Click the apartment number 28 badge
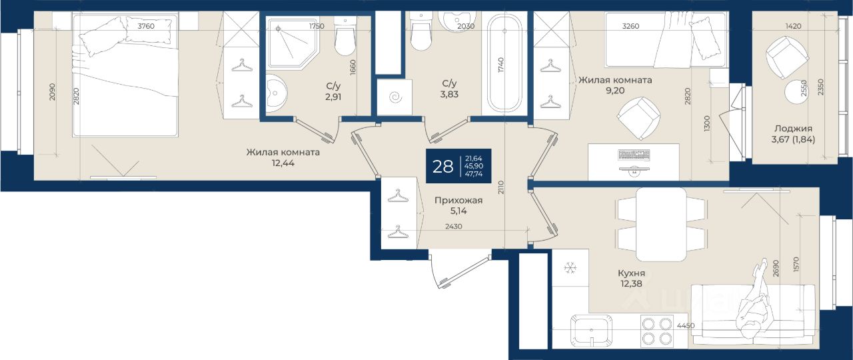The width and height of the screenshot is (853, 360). (x=458, y=166)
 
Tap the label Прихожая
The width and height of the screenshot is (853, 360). (x=458, y=201)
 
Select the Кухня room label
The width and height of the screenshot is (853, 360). (x=631, y=273)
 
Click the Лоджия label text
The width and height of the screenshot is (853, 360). (x=793, y=129)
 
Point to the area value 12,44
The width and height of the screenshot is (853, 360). (x=283, y=163)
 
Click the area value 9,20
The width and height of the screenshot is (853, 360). (x=615, y=91)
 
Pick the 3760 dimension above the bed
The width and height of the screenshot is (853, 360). (x=146, y=26)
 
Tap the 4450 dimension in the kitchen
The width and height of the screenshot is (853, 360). (x=686, y=326)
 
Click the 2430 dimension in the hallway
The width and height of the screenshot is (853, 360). (x=454, y=226)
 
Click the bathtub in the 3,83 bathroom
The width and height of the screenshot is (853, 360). (x=505, y=63)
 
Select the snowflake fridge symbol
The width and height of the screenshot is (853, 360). (x=570, y=268)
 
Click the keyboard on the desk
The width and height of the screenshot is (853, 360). (x=634, y=155)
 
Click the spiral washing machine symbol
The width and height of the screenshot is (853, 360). (x=396, y=98)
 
